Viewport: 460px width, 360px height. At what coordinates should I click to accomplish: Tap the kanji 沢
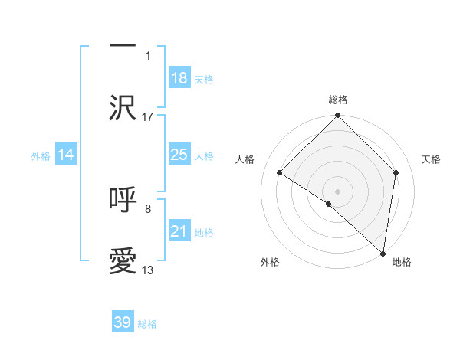(x=123, y=108)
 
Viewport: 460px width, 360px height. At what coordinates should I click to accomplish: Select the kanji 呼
(x=123, y=199)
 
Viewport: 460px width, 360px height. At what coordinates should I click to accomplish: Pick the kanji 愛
(x=123, y=261)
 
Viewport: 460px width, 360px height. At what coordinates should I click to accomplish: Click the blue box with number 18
(x=179, y=78)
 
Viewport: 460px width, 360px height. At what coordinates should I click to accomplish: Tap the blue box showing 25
(x=179, y=155)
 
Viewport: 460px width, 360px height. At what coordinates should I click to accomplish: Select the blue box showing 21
(x=179, y=231)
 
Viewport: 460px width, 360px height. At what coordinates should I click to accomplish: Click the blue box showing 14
(x=66, y=155)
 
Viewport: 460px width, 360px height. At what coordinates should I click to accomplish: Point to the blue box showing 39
(x=123, y=322)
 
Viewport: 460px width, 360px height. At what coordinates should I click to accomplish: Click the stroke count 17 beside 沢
(x=148, y=116)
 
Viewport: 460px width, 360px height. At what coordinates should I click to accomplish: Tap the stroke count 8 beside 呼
(x=148, y=208)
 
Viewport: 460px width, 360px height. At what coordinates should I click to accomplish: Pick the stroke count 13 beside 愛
(x=148, y=270)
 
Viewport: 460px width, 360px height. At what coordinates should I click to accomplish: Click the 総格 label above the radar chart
(x=337, y=100)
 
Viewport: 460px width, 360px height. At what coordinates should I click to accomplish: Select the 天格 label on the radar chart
(x=431, y=159)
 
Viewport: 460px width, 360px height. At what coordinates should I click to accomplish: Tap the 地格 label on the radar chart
(x=402, y=262)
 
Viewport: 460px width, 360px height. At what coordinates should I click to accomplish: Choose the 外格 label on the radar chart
(x=270, y=262)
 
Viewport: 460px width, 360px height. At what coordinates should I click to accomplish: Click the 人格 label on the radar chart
(x=245, y=159)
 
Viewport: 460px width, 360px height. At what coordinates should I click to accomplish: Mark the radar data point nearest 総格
(x=337, y=116)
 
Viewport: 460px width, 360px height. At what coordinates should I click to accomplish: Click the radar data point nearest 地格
(x=383, y=253)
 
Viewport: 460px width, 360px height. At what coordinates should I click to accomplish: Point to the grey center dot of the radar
(x=337, y=191)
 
